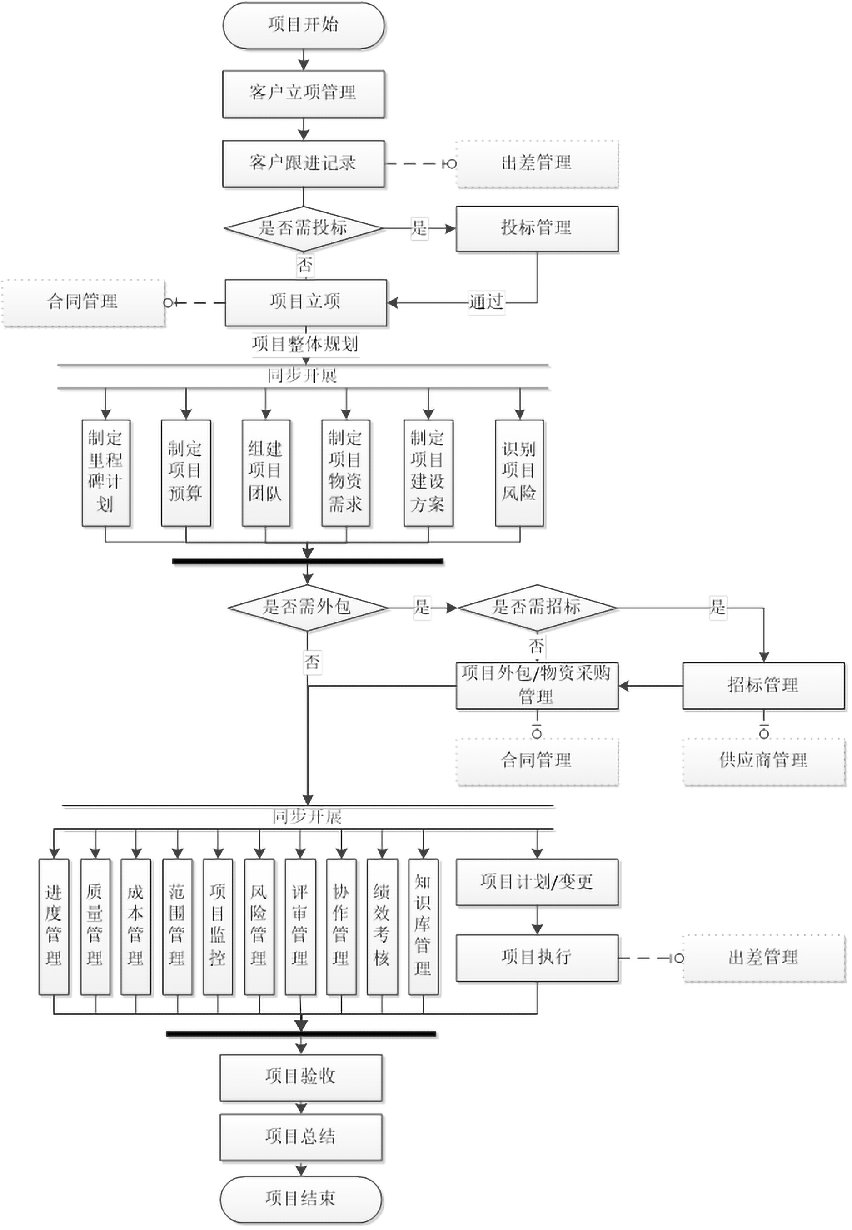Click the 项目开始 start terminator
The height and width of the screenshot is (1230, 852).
click(303, 25)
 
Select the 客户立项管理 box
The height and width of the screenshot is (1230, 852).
click(303, 94)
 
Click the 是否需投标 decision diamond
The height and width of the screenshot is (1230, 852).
click(303, 228)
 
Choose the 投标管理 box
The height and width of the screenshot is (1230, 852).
click(537, 228)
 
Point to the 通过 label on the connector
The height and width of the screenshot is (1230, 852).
click(486, 302)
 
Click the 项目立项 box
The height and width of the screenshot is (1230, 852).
click(305, 302)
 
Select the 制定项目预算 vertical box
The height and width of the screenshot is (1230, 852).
click(186, 473)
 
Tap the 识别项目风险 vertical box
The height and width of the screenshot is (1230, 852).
click(519, 473)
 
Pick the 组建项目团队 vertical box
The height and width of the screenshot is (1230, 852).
click(265, 473)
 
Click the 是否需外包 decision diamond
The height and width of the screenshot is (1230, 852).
click(307, 608)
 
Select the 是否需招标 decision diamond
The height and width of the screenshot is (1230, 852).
click(537, 608)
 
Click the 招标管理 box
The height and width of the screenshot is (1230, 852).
click(763, 686)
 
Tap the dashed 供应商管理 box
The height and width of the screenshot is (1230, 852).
click(763, 761)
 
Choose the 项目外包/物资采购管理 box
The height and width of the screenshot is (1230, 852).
click(537, 686)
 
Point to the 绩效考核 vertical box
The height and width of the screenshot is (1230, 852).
click(382, 927)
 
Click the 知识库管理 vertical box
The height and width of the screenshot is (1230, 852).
click(423, 927)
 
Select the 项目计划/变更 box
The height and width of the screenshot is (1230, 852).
click(537, 882)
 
